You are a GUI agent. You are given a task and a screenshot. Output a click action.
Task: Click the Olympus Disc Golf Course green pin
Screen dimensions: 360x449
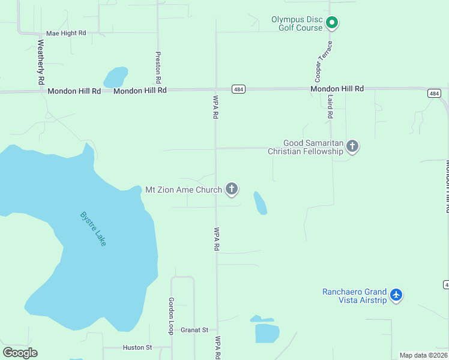332,24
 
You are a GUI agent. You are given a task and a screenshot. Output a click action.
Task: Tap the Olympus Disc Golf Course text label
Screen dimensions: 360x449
297,23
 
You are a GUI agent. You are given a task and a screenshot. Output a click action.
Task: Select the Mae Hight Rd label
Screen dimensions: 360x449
66,33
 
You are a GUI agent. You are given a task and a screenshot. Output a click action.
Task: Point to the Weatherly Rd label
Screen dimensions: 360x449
41,61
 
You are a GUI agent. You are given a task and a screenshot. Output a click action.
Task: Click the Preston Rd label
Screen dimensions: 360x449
158,67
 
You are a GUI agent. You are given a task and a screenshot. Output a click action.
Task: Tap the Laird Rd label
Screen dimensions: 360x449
330,106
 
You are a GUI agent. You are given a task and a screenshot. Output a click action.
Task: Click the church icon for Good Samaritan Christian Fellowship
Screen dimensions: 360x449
352,146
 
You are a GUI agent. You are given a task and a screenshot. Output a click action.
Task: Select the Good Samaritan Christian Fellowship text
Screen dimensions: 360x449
306,147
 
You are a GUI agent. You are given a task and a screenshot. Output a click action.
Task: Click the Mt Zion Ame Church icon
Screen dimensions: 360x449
232,190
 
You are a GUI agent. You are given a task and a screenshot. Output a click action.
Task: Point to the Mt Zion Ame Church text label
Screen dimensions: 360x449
184,190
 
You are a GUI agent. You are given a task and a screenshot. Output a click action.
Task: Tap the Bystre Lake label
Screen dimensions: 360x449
93,229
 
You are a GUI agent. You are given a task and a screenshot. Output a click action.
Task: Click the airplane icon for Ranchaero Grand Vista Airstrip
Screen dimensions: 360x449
396,295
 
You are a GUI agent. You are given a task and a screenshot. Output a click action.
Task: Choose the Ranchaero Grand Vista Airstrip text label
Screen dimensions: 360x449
354,296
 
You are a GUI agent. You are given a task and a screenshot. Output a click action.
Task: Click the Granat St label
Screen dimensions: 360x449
194,330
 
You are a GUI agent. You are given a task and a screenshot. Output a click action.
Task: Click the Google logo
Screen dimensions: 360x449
20,353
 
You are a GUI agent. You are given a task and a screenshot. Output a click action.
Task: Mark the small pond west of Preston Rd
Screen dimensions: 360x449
116,77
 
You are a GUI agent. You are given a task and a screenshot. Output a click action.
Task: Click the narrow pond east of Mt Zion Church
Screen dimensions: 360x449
261,203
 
